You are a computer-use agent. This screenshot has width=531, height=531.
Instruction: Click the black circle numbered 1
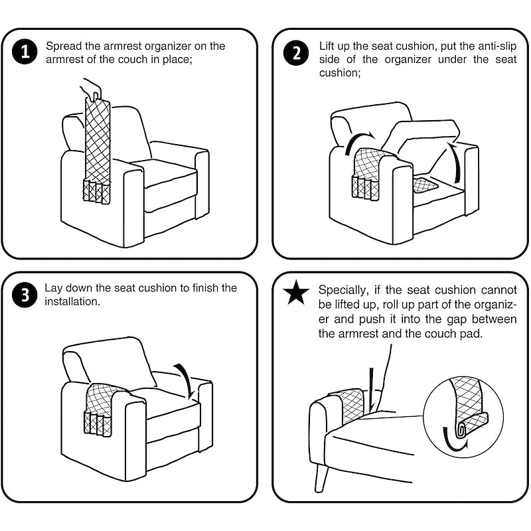point(25,52)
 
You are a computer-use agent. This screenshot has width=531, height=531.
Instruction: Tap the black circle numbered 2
point(296,52)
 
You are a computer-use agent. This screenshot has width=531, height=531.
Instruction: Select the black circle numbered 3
point(25,295)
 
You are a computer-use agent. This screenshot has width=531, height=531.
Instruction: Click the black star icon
point(296,292)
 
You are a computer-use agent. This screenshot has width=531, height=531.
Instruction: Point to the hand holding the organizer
point(92,89)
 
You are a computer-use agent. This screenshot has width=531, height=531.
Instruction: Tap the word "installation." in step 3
point(72,301)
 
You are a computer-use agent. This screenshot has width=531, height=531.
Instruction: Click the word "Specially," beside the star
point(343,291)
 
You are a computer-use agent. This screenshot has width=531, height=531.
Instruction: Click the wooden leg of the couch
point(321,476)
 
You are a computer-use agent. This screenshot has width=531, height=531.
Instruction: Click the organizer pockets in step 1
point(97,192)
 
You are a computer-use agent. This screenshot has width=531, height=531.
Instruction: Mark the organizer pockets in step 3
point(97,424)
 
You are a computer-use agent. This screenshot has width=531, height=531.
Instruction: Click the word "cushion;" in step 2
point(340,73)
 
